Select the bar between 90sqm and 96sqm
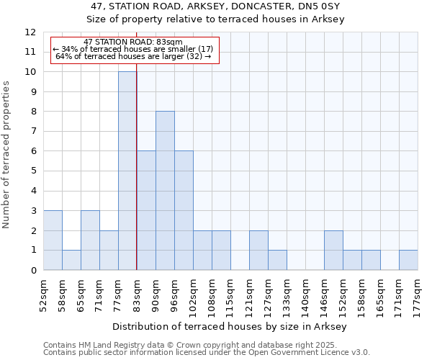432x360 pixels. click(x=165, y=191)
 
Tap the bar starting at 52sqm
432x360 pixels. click(x=53, y=240)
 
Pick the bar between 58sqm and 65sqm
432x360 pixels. click(x=71, y=260)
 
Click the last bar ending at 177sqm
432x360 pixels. click(x=408, y=260)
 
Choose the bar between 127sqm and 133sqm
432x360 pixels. click(x=277, y=260)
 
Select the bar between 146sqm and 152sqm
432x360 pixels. click(x=333, y=250)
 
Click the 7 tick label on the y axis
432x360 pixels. click(x=32, y=132)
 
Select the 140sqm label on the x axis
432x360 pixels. click(x=305, y=294)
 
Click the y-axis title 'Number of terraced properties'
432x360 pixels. click(x=6, y=154)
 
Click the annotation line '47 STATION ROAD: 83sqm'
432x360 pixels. click(x=133, y=42)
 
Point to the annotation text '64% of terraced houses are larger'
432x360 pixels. click(x=132, y=56)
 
